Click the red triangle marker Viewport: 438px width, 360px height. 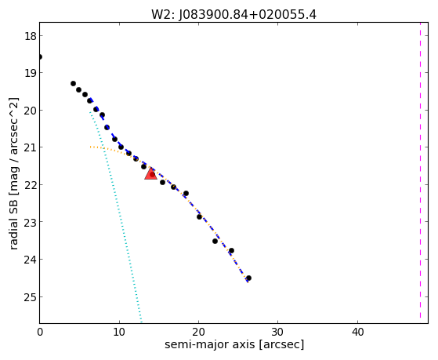(150, 173)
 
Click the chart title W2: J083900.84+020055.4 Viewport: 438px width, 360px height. (233, 15)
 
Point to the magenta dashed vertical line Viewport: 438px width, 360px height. (420, 170)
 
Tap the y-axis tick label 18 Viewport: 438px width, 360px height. (31, 36)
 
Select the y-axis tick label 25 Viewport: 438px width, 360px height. (31, 296)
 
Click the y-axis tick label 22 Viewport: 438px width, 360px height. (31, 185)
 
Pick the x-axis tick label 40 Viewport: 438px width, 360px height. (357, 332)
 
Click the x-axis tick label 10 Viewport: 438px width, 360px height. (119, 332)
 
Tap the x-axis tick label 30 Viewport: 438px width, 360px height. (278, 332)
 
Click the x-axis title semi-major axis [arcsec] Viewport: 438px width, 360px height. (234, 344)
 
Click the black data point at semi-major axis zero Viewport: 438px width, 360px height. (40, 57)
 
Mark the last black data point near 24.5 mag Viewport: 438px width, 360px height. (248, 278)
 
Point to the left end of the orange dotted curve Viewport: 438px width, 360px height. (90, 147)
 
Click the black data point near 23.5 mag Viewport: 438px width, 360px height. (215, 241)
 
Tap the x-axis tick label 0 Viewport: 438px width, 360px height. (40, 332)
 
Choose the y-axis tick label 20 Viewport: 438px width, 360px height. (31, 111)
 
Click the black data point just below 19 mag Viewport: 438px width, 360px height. (73, 83)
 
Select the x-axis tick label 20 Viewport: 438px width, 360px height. (198, 332)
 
